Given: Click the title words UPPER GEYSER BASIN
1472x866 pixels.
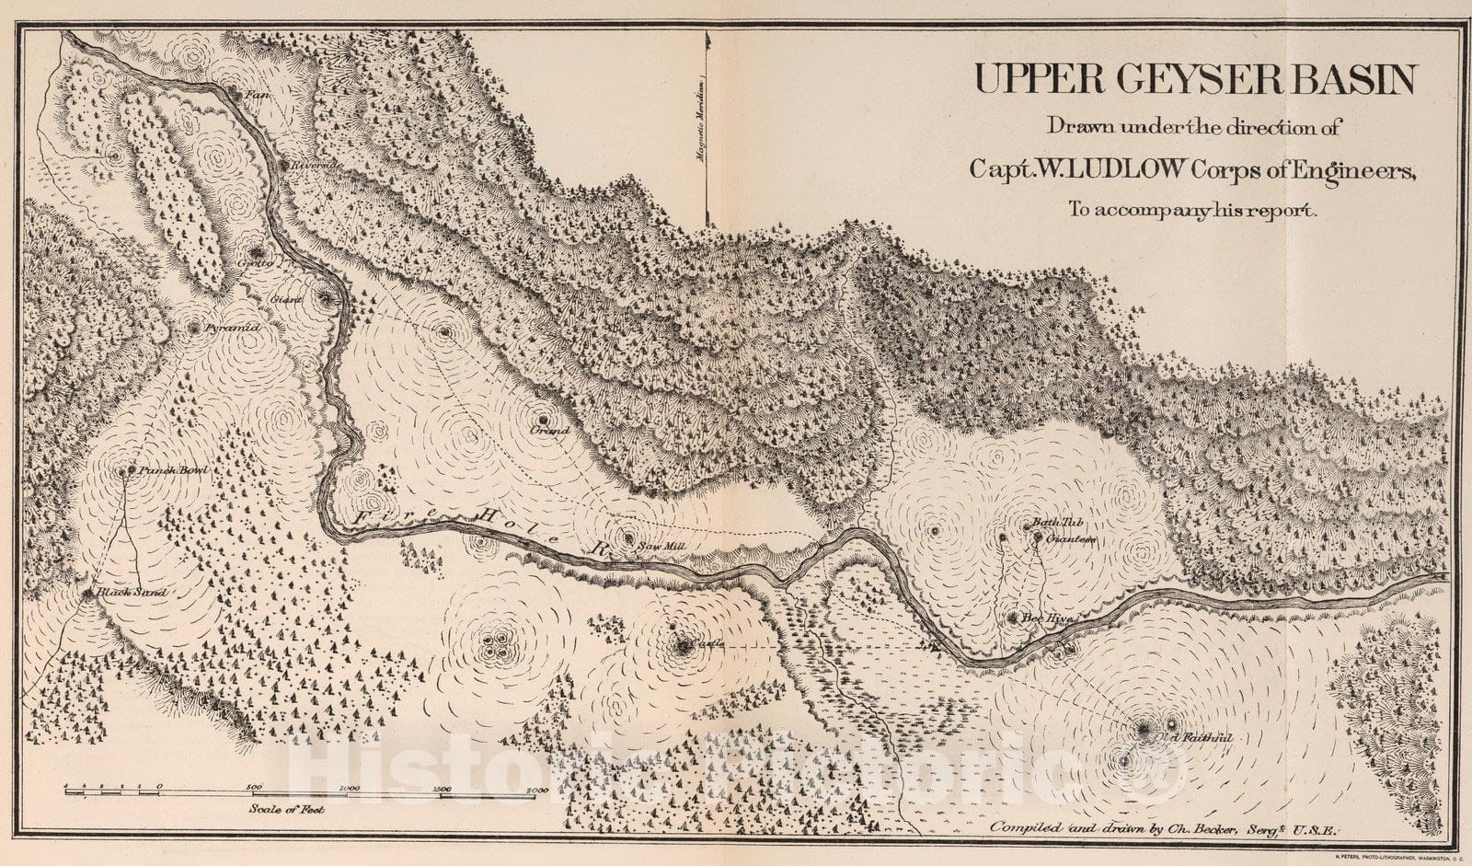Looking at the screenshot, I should point(1194,80).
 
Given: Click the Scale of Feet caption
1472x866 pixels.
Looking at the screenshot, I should point(286,809).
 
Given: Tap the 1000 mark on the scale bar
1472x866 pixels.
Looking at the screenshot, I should point(349,789).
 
